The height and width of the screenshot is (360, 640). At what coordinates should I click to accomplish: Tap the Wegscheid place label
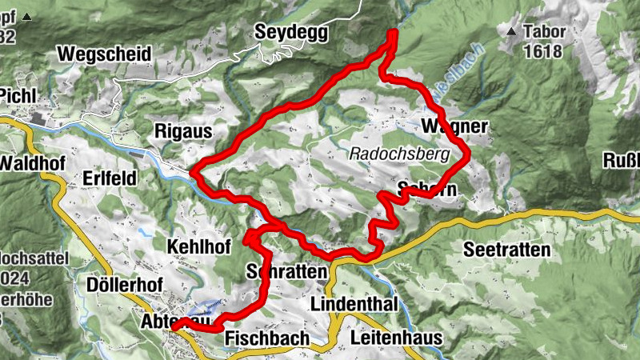pos(104,54)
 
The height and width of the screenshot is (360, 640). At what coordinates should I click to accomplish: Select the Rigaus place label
pos(182,129)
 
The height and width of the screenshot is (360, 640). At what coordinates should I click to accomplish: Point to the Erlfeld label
pos(110,178)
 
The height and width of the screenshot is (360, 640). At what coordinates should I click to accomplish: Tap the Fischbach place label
pos(267,338)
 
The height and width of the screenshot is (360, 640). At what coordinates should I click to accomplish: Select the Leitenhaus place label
pos(396,338)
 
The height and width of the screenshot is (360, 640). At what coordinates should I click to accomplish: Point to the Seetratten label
pos(507,250)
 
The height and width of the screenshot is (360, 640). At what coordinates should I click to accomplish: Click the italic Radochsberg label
pos(400,154)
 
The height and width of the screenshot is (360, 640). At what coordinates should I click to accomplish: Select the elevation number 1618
pos(544,53)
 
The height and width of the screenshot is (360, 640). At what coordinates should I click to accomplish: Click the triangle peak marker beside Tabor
pos(512,33)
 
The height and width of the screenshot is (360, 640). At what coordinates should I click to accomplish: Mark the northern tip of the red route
pos(393,33)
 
